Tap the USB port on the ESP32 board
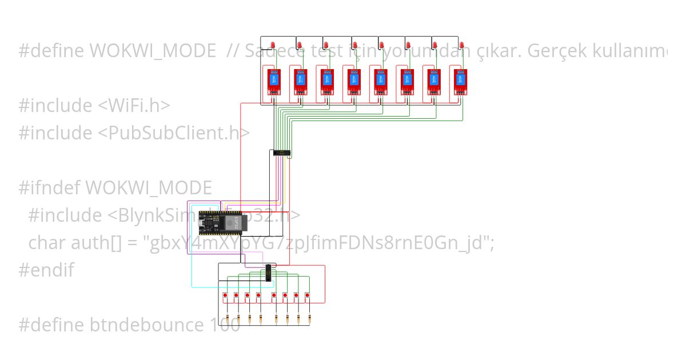point(201,223)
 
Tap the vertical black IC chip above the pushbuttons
point(268,273)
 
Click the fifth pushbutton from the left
point(274,295)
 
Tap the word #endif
point(46,270)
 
